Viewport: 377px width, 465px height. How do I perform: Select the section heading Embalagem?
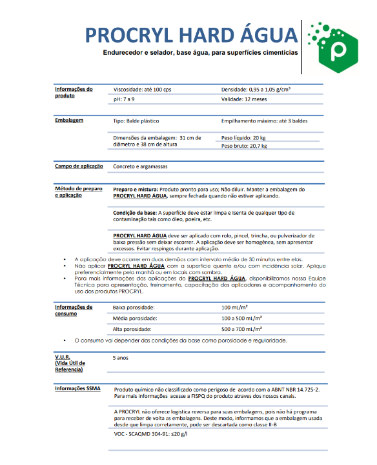pos(68,121)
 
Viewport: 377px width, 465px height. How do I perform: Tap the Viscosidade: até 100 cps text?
pos(141,89)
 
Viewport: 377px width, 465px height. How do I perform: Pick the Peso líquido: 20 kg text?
pos(243,137)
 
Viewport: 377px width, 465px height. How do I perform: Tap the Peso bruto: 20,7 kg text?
pos(244,146)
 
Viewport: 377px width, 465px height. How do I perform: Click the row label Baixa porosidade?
pos(134,308)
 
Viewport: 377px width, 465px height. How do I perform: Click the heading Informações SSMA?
pos(77,389)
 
